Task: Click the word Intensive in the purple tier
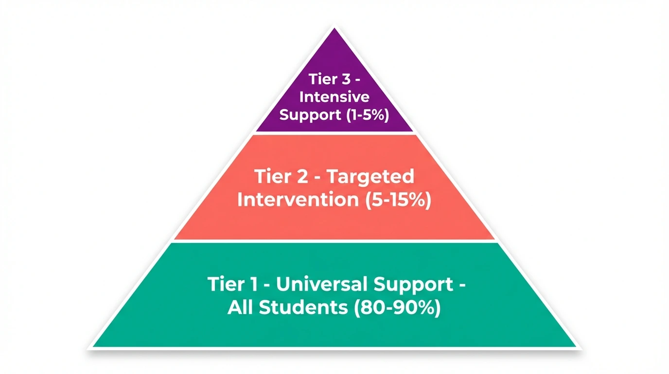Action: click(x=334, y=97)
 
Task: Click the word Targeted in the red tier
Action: click(x=370, y=177)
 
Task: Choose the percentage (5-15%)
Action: click(x=397, y=200)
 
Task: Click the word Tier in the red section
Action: click(x=272, y=177)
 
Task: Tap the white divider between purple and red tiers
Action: click(x=334, y=133)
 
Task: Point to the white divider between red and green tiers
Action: click(x=334, y=241)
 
